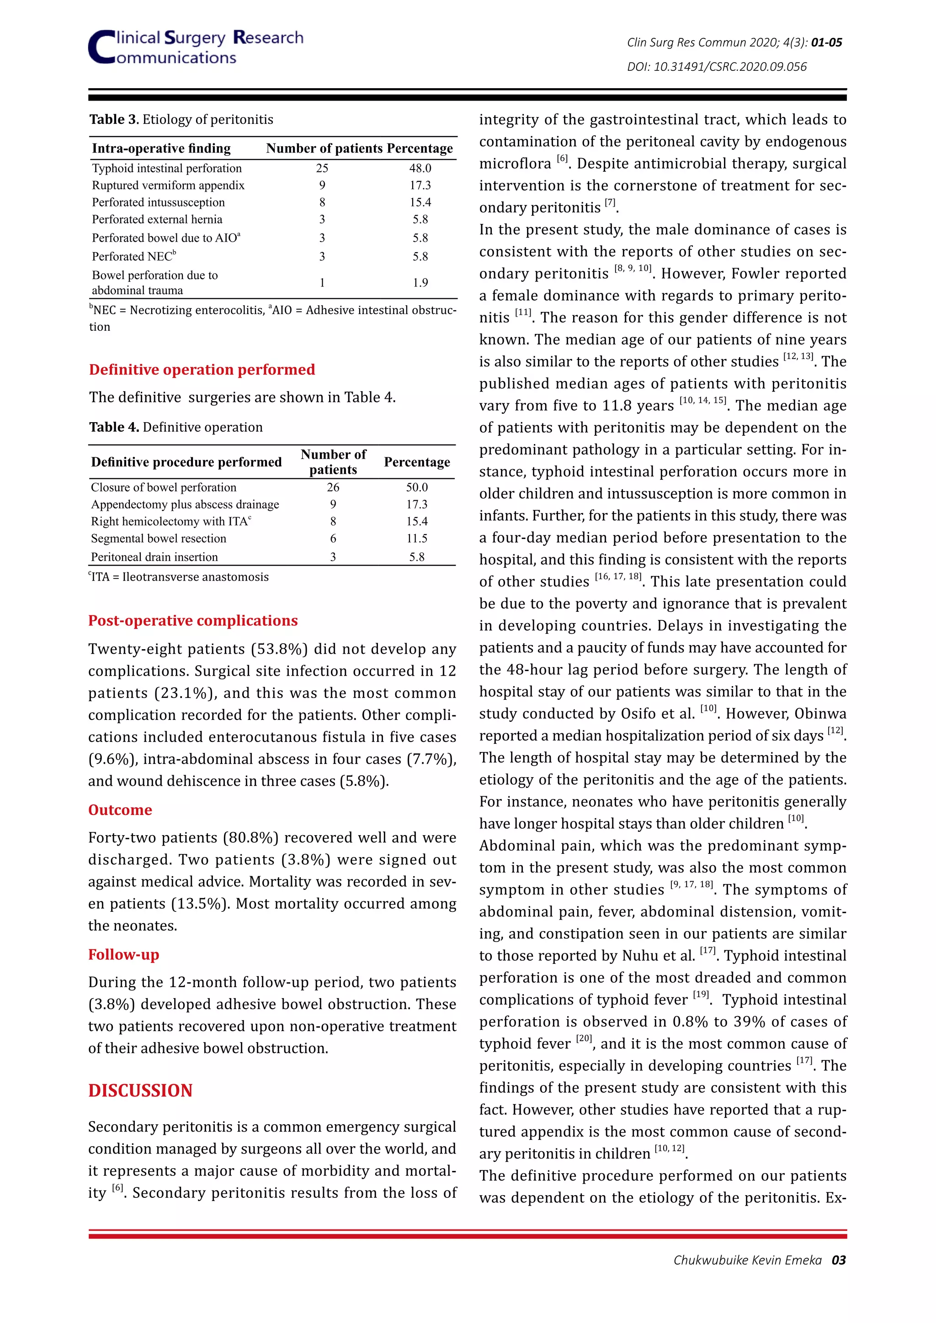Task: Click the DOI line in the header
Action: pos(717,67)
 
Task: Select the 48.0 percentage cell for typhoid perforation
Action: pos(420,168)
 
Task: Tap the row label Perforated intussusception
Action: pos(158,202)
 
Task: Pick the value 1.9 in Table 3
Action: pos(420,283)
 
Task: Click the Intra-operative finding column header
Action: pos(161,148)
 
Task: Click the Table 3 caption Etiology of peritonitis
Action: pos(207,120)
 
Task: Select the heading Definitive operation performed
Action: pos(202,370)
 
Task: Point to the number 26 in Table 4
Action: pos(333,487)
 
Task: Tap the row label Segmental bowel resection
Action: pos(159,539)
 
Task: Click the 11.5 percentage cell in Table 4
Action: pos(417,539)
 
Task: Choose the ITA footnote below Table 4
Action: pos(179,577)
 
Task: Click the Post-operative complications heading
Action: pos(192,620)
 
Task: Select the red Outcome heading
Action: pos(120,810)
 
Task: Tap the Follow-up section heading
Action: pos(123,954)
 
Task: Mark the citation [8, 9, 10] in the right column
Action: pos(632,269)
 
